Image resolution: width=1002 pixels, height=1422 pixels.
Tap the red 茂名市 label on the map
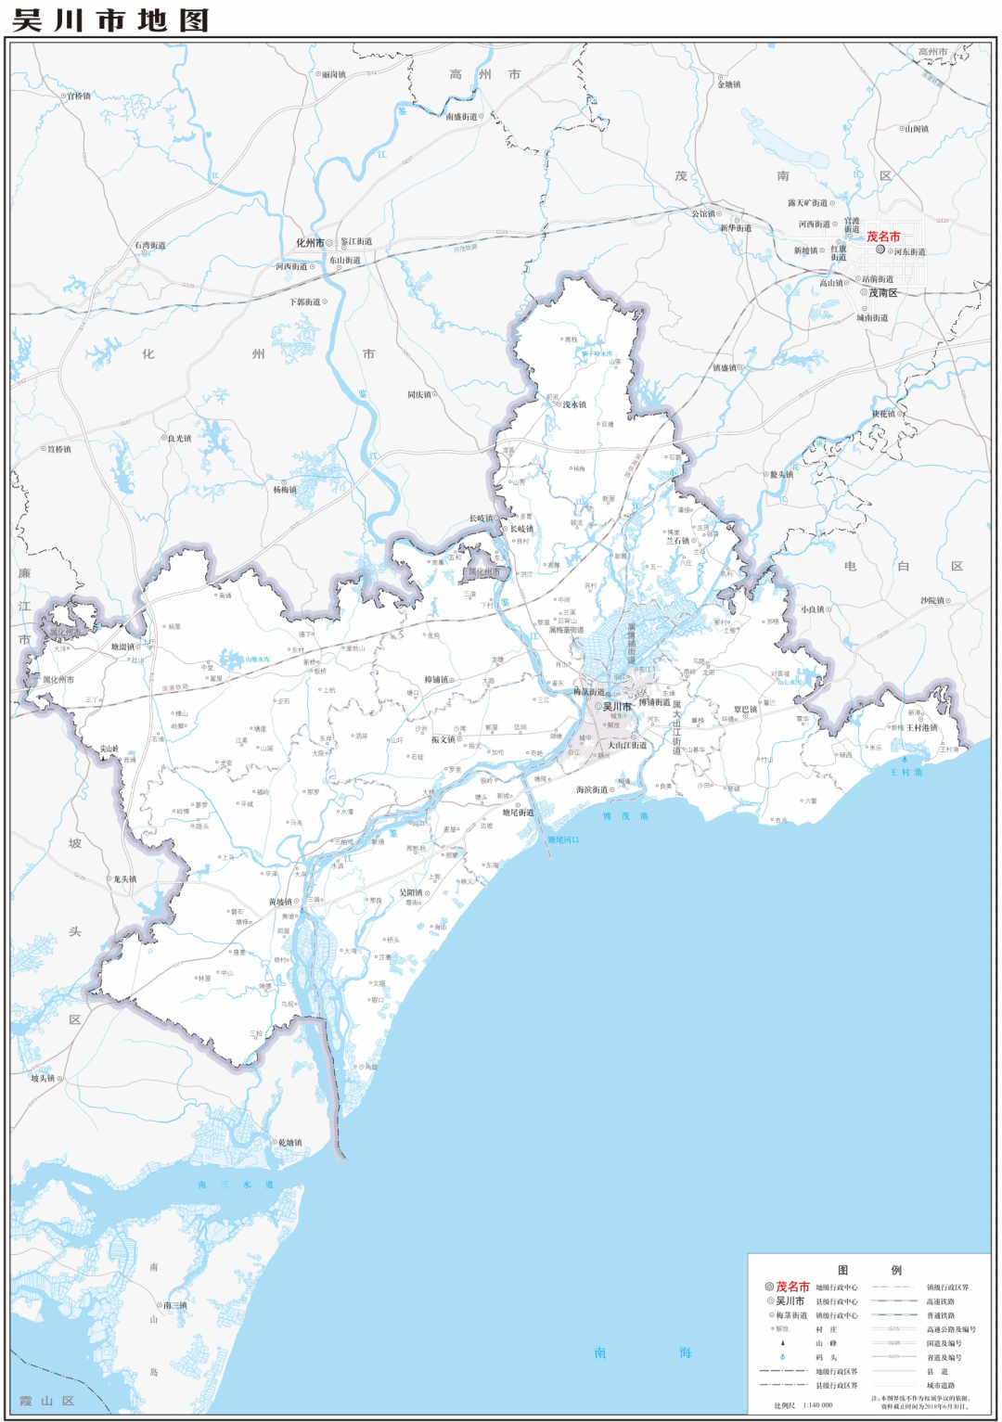pos(883,237)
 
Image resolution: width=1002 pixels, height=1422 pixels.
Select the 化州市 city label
pos(310,243)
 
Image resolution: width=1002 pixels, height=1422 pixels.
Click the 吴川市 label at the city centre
pos(617,707)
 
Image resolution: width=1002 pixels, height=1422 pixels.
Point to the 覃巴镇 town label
pos(745,711)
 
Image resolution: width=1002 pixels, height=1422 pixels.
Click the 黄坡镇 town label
pos(280,902)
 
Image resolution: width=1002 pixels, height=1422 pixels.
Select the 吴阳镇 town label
pos(411,893)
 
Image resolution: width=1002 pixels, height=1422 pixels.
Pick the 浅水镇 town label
pos(574,404)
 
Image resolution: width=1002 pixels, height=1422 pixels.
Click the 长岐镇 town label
pos(521,530)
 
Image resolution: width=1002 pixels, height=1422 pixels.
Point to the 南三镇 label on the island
pos(175,1305)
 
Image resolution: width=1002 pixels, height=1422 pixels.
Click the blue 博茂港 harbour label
pos(625,816)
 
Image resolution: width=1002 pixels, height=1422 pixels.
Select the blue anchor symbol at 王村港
pos(905,759)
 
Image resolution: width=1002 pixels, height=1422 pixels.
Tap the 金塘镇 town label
pos(729,84)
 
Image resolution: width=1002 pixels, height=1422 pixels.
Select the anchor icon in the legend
pos(782,1357)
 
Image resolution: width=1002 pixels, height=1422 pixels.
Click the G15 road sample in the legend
pos(893,1329)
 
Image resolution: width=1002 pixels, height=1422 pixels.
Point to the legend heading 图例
pos(869,1270)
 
